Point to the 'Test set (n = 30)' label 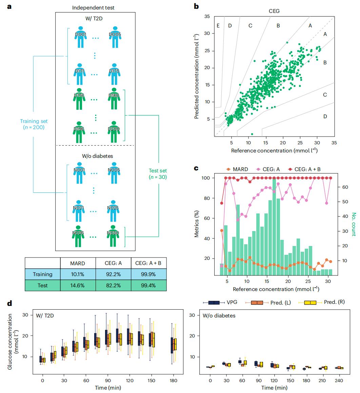158,174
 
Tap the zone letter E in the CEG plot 218,25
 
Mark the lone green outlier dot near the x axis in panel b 252,134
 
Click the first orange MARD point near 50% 222,230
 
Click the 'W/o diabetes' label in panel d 219,316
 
